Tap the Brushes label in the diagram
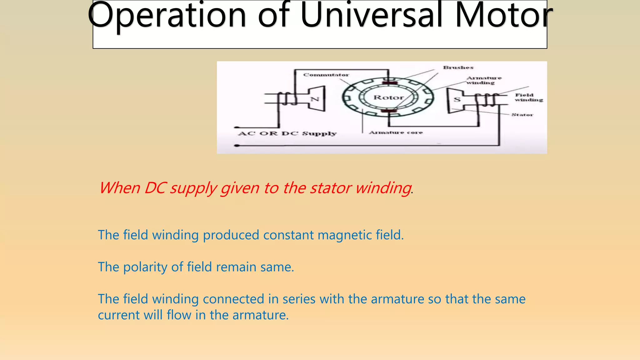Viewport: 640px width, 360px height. tap(458, 67)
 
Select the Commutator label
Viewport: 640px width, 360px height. tap(326, 75)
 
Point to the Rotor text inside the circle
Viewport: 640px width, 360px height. tap(388, 97)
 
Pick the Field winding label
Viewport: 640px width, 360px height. tap(528, 97)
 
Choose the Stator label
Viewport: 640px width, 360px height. tap(522, 115)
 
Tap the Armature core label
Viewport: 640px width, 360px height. tap(396, 132)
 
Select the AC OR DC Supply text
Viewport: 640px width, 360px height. tap(287, 134)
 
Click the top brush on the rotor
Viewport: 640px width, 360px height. tap(390, 83)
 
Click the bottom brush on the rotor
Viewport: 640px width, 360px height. tap(389, 111)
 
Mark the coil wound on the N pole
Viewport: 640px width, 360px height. tap(287, 99)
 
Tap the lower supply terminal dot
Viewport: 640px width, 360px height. tap(237, 146)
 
